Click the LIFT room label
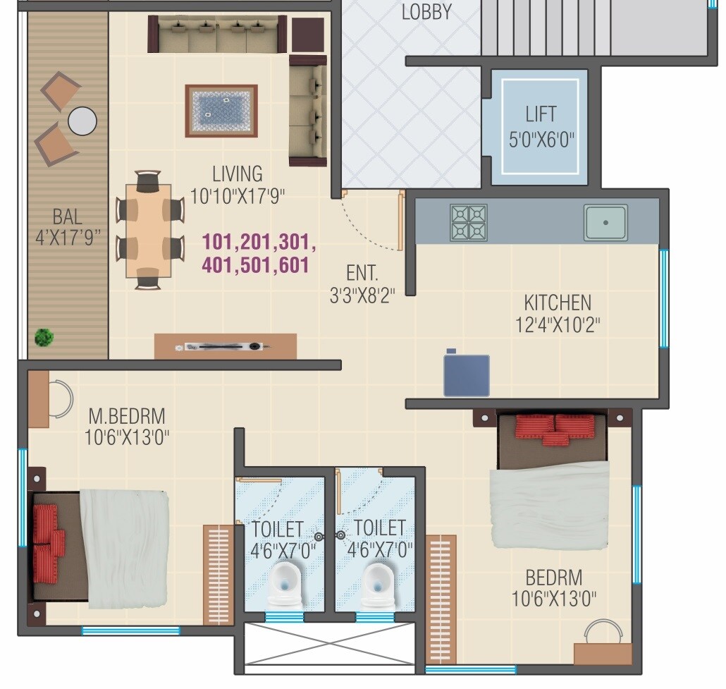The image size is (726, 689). tap(541, 114)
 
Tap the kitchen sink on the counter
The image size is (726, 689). tap(605, 223)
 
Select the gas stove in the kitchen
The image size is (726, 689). tap(468, 223)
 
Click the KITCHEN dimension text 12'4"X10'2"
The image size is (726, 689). tap(558, 324)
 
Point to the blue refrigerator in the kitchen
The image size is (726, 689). tap(466, 375)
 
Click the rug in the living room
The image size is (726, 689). tap(221, 111)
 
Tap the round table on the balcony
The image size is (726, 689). tap(82, 121)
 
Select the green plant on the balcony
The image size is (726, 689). tap(44, 337)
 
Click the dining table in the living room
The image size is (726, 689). tap(149, 231)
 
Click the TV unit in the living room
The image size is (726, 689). tap(225, 346)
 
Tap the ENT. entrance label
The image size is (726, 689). tap(362, 273)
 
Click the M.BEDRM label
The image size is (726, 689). tap(127, 415)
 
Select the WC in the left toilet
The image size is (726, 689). tap(283, 587)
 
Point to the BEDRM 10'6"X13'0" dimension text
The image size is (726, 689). tap(554, 599)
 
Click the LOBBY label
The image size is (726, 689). tap(426, 12)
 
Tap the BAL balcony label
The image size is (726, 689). tap(67, 216)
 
